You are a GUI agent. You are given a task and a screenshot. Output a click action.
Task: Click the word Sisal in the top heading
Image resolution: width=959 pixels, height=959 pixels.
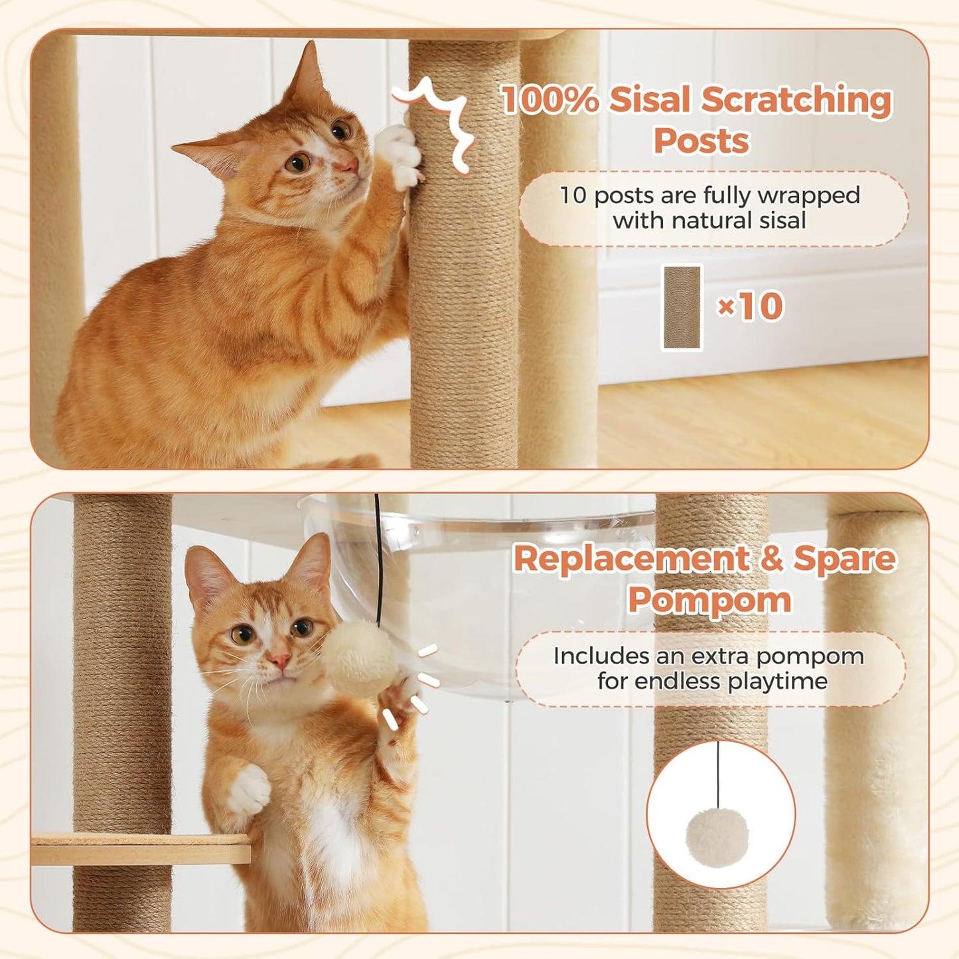650,100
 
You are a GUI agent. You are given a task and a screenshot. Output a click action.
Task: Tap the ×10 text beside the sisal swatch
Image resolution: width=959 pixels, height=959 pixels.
751,307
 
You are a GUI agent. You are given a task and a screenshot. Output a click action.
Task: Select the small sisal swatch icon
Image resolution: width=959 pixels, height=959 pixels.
682,307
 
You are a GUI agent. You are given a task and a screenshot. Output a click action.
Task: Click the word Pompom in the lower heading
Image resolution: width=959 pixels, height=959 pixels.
709,600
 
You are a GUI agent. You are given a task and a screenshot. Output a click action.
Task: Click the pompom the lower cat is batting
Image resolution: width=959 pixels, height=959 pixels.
361,658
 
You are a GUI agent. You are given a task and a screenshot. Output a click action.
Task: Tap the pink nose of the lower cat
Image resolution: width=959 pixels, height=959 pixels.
279,660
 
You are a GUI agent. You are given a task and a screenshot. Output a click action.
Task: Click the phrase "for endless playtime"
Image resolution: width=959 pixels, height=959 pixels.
712,681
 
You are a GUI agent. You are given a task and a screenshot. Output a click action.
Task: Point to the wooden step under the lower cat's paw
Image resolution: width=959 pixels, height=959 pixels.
139,849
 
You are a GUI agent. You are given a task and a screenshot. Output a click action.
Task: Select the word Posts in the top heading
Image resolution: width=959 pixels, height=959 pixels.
701,141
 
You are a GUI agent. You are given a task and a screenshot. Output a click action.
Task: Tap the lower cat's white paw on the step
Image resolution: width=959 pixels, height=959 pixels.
248,790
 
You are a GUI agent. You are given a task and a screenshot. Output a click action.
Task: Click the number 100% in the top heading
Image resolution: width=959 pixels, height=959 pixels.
550,100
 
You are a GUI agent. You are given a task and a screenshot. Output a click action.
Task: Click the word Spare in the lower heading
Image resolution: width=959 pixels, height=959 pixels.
844,559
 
